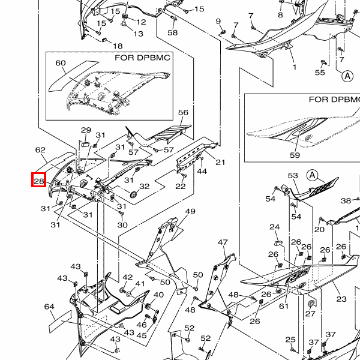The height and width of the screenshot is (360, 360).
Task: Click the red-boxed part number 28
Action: [39, 181]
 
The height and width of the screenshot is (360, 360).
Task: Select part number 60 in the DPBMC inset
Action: [61, 63]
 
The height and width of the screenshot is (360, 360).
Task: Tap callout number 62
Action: [40, 150]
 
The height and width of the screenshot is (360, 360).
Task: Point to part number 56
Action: [183, 113]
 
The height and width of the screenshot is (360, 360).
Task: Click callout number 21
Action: [220, 163]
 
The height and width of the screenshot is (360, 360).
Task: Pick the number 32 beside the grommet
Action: [145, 186]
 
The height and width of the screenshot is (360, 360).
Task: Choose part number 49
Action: [190, 211]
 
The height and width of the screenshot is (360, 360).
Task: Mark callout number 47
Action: [223, 242]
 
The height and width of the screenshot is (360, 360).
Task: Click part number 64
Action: [49, 307]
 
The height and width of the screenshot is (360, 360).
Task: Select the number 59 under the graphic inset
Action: [295, 155]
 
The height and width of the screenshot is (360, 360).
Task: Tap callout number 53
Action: [293, 175]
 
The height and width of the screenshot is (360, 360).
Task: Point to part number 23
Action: [341, 299]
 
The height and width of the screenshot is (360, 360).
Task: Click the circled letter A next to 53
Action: [313, 176]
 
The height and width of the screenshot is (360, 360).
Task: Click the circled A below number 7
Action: [347, 76]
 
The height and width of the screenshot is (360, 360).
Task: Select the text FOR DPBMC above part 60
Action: [142, 58]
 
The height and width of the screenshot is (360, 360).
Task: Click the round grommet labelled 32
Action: [133, 195]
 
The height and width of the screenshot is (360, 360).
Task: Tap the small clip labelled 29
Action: [85, 144]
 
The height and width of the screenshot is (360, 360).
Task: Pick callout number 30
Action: [122, 225]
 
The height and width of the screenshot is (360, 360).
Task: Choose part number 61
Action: [284, 306]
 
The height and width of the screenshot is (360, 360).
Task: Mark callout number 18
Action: [118, 46]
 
